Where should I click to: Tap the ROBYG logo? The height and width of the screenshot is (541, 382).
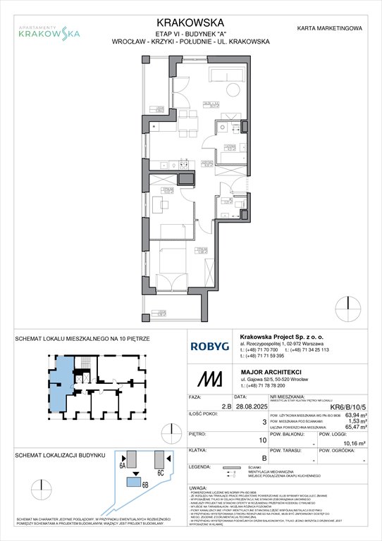(x=209, y=346)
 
